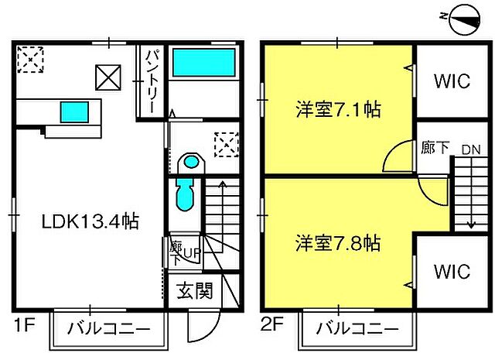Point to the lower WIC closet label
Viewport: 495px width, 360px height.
point(451,272)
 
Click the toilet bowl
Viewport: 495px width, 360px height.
point(189,164)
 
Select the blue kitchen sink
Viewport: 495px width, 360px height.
point(74,112)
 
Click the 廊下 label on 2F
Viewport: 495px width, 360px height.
point(435,147)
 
